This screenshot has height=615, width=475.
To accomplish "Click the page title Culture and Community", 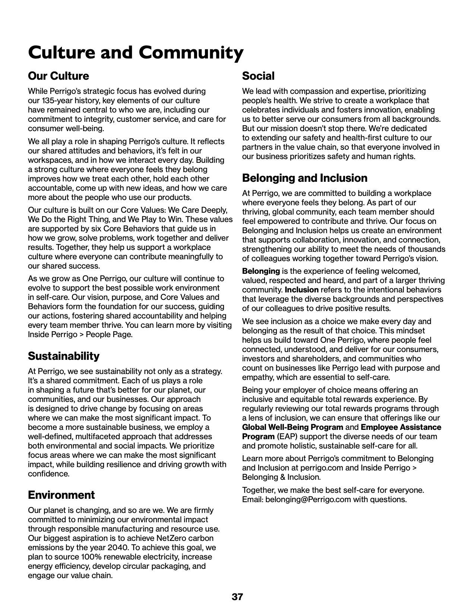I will click(x=136, y=52).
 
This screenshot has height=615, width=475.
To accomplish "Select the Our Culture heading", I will click(x=58, y=76).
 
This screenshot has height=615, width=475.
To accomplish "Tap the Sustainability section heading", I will click(x=64, y=356).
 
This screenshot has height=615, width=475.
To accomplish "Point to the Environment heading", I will click(x=61, y=495).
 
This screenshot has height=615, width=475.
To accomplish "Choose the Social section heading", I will click(x=258, y=76).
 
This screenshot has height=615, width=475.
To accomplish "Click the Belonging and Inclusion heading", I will click(x=304, y=178).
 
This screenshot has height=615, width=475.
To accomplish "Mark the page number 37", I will click(x=237, y=597).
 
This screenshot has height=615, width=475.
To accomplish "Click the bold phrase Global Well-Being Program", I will click(x=292, y=427).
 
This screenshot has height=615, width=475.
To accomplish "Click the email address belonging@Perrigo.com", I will click(x=308, y=499).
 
